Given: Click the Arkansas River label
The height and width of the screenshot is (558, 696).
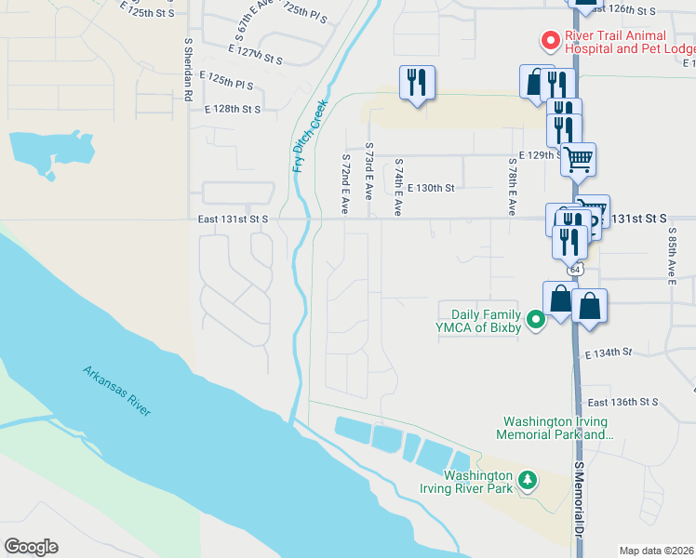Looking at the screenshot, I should coord(115,391).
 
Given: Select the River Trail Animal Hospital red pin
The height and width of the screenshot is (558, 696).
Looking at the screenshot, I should coord(549,40).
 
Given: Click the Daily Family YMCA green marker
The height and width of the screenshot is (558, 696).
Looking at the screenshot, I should coord(535,321).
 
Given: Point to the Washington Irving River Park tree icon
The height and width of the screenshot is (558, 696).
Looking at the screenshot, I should coord(529,480).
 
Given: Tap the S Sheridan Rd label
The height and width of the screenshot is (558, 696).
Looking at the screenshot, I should coord(188,69).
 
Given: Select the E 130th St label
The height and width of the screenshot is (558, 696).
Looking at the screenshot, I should coord(430,188).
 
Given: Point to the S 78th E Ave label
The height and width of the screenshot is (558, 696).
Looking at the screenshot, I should coord(512,186).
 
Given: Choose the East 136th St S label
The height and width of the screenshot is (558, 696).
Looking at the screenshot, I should coord(622,402).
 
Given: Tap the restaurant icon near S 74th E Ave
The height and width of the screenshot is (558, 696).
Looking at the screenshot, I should coord(417,82).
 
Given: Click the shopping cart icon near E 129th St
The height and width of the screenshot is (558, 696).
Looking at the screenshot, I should coord(578,159).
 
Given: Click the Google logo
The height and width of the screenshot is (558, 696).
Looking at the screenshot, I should coord(31,547).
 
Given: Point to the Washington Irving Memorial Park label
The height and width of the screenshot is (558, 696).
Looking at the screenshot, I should coord(555,427).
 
